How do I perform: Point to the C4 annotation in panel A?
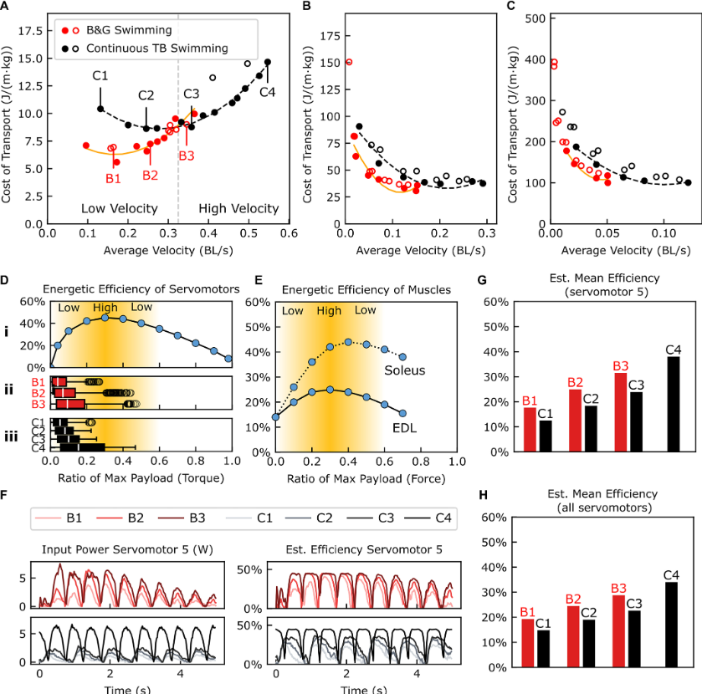coord(267,92)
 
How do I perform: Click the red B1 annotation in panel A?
coord(113,177)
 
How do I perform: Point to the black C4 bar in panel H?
coord(674,625)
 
